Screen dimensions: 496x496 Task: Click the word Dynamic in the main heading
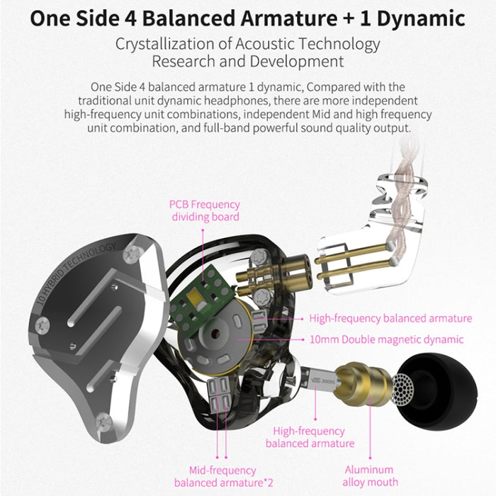point(421,18)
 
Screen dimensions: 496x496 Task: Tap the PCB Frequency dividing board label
point(205,210)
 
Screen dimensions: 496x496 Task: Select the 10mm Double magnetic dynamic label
point(386,339)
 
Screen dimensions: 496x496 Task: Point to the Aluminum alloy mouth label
point(369,475)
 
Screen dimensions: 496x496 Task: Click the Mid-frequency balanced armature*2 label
point(223,477)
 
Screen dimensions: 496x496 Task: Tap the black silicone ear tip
point(438,392)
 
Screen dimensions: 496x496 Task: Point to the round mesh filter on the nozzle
point(402,389)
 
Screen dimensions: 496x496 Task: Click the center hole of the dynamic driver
point(216,334)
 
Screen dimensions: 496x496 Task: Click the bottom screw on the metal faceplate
point(104,422)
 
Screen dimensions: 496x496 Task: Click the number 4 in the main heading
point(130,18)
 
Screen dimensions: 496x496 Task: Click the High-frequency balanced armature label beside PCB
point(390,318)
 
